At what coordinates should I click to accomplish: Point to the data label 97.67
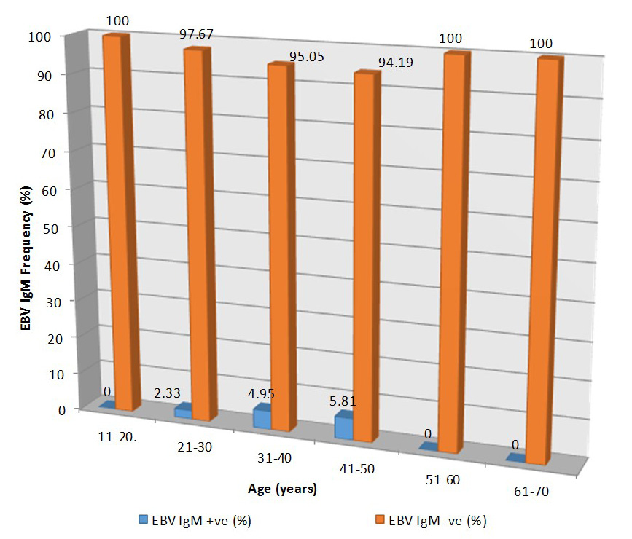click(x=196, y=34)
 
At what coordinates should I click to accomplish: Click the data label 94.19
click(x=395, y=63)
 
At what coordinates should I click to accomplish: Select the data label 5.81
click(x=343, y=401)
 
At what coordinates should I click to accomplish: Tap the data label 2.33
click(x=167, y=393)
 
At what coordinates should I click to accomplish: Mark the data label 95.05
click(x=307, y=57)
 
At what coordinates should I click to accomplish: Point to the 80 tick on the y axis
click(x=47, y=115)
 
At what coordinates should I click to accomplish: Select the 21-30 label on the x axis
click(x=195, y=446)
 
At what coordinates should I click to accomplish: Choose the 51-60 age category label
click(x=442, y=480)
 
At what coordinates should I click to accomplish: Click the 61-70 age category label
click(x=531, y=492)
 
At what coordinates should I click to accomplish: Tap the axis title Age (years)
click(x=283, y=489)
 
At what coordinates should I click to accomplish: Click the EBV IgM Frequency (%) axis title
click(x=26, y=259)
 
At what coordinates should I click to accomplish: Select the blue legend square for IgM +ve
click(x=143, y=519)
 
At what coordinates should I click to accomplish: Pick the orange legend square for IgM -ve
click(x=380, y=519)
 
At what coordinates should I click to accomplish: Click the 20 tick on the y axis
click(x=55, y=339)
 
